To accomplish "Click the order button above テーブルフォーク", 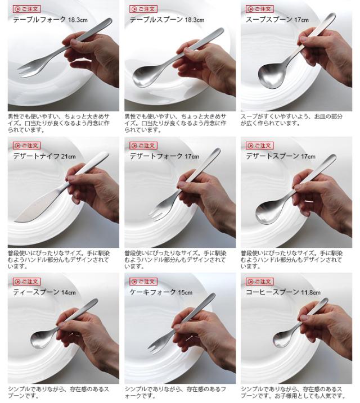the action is (x=27, y=9).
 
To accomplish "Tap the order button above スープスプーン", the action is (x=260, y=9).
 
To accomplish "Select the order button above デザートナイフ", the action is (x=27, y=146).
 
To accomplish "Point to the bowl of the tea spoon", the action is (x=41, y=339).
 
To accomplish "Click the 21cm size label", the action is (x=69, y=156).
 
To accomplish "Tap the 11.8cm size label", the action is (x=310, y=292).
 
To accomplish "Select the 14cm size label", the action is (x=69, y=292).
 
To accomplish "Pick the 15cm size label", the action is (x=185, y=292).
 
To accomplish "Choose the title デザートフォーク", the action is (x=156, y=156).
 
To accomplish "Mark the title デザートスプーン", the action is (x=272, y=156).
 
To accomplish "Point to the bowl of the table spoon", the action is (x=145, y=76).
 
